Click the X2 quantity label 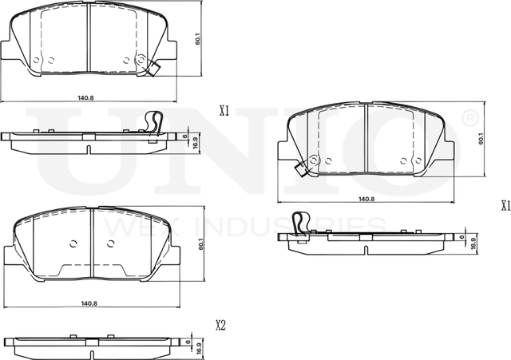coord(222,325)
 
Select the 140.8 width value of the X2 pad coord(89,303)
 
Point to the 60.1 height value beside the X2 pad coord(188,243)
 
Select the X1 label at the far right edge coord(504,205)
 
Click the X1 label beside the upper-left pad coord(224,113)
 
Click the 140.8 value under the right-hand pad coord(366,198)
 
